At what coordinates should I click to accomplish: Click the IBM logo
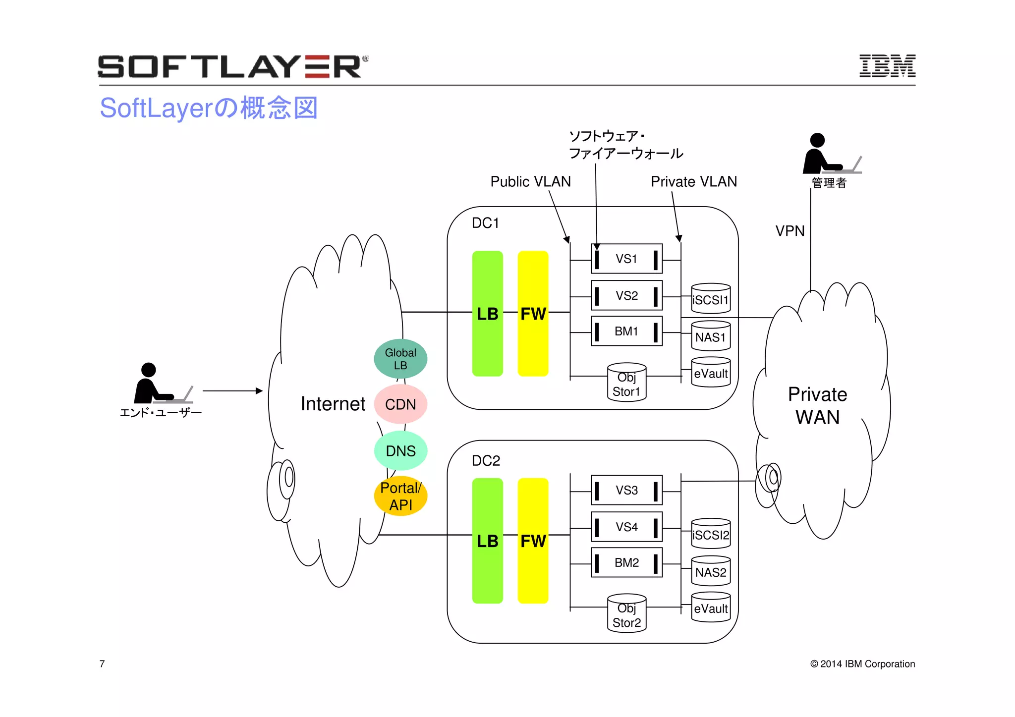887,66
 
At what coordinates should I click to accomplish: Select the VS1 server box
626,259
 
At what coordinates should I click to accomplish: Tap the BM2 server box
626,562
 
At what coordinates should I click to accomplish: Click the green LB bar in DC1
487,313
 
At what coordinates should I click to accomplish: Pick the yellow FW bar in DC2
533,541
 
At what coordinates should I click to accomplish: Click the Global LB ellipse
400,359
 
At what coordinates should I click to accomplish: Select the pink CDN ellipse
400,404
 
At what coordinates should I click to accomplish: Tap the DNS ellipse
400,451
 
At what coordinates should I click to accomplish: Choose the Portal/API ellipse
400,496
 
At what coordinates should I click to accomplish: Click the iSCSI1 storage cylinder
711,299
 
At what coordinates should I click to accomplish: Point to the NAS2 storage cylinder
711,571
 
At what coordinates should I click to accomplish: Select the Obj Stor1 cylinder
626,383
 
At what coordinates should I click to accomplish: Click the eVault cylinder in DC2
711,607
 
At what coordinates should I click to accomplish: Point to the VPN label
789,231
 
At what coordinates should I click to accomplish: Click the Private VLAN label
693,182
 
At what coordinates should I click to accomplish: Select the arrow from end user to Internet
232,391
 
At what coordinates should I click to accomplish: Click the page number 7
102,663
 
